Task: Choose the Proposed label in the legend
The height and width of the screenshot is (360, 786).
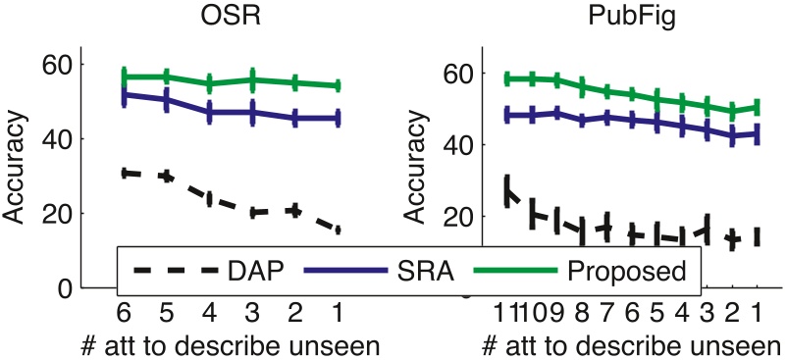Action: (624, 268)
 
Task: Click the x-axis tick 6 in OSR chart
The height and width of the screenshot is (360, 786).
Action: (124, 313)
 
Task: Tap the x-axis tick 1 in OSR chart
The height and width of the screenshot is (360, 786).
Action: (337, 313)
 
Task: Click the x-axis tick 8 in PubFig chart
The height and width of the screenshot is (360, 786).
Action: (582, 313)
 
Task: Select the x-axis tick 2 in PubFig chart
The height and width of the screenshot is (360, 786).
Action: (732, 313)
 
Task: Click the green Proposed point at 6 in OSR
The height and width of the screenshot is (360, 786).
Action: (125, 77)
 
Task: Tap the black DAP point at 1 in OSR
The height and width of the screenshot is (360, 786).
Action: (337, 230)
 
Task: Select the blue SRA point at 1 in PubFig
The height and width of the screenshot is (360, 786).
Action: (757, 133)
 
